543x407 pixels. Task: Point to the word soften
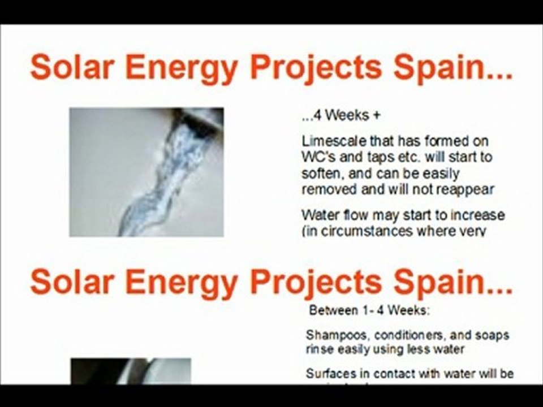(320, 174)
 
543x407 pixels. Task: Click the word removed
(326, 189)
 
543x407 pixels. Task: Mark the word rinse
(321, 349)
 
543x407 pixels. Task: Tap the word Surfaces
(329, 374)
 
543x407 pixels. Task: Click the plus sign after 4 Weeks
(376, 116)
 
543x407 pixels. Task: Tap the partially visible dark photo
(130, 371)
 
